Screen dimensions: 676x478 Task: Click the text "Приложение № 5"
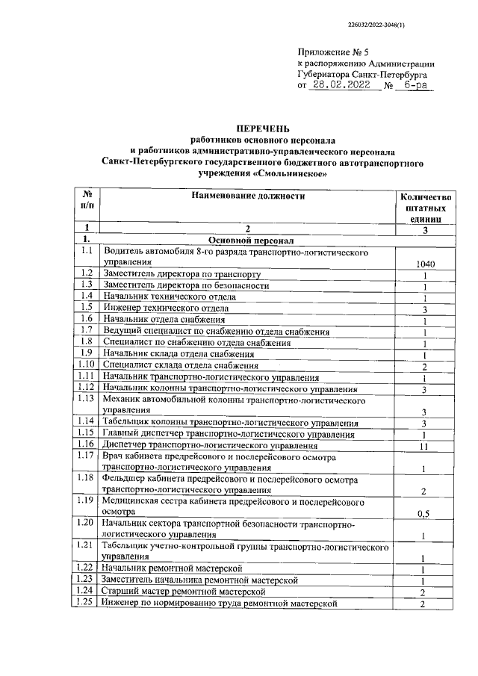(x=333, y=52)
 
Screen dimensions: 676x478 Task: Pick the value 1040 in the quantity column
(x=425, y=264)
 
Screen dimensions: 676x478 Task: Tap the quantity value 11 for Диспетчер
(x=424, y=446)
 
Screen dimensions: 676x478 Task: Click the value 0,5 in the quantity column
(x=424, y=513)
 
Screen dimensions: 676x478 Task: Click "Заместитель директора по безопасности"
(x=187, y=285)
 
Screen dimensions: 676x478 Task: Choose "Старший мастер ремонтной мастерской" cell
(x=185, y=592)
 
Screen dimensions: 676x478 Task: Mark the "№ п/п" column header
(x=87, y=197)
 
